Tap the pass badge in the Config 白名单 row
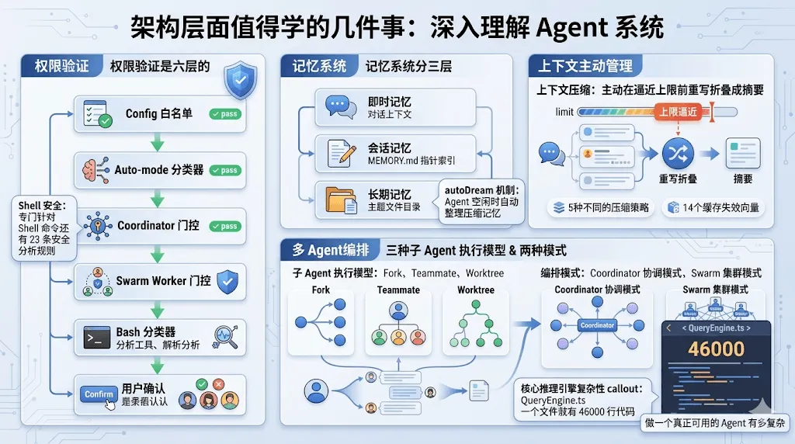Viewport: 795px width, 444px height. click(x=225, y=114)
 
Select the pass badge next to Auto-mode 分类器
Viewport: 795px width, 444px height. click(x=225, y=170)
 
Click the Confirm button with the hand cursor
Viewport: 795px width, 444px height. click(x=99, y=394)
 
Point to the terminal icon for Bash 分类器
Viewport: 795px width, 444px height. click(x=97, y=338)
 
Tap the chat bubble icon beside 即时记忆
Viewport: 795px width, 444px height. click(x=341, y=106)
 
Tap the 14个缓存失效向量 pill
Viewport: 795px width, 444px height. click(x=713, y=208)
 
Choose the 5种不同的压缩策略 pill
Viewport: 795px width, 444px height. click(x=600, y=208)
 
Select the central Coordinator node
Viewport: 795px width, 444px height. click(x=597, y=325)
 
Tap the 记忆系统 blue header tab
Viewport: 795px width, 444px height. click(x=319, y=66)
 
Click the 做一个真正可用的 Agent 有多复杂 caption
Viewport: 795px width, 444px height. click(x=715, y=425)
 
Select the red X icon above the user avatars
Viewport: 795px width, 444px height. click(x=218, y=384)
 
